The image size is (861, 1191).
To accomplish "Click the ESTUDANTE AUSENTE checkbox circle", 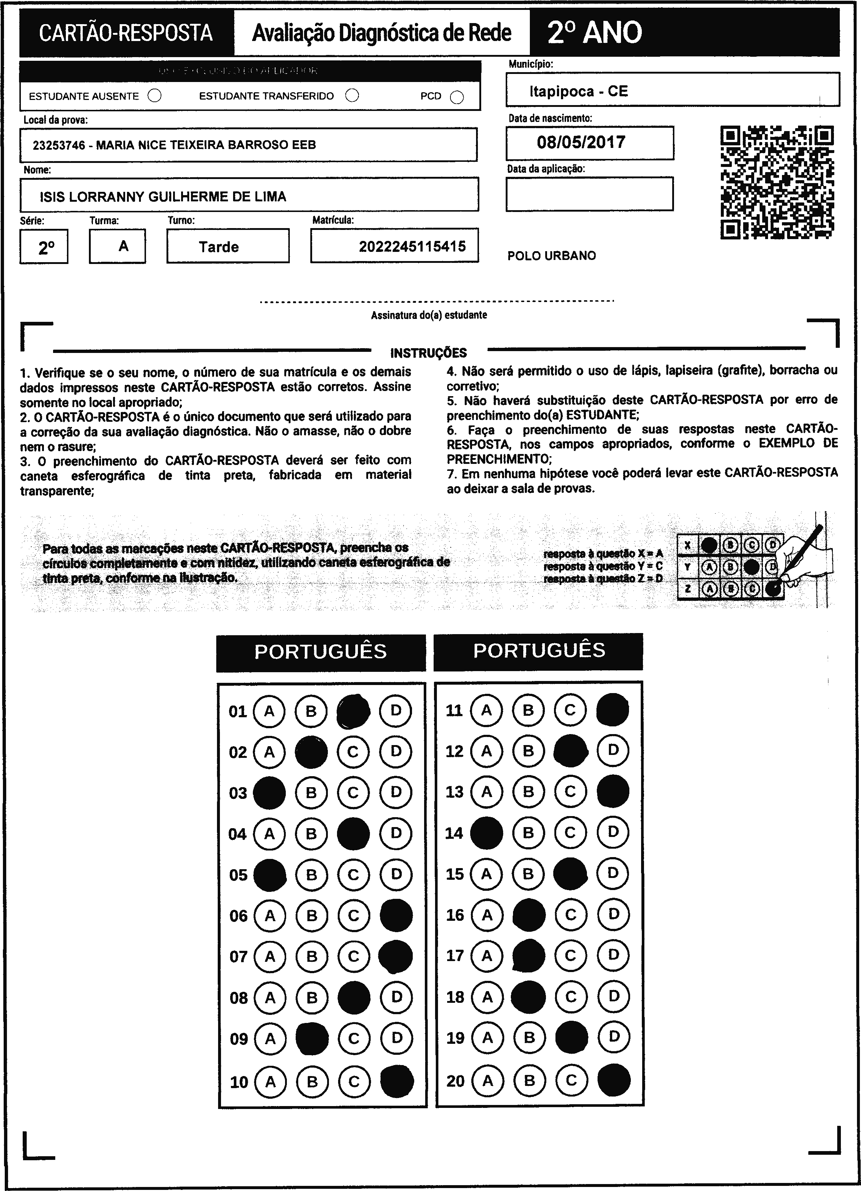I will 155,96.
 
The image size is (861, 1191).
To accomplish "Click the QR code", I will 777,182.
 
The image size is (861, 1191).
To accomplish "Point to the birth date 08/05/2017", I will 581,142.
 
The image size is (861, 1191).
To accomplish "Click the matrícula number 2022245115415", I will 412,246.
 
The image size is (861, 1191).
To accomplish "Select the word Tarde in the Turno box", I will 219,247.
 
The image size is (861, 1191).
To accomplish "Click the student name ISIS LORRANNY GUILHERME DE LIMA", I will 163,197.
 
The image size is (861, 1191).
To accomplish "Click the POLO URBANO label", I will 551,256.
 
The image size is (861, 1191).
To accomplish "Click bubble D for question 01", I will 396,711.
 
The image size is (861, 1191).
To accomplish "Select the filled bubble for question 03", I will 269,792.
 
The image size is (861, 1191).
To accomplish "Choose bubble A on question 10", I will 270,1082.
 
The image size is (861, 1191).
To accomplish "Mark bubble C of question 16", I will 571,915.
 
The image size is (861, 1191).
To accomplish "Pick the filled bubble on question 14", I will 486,833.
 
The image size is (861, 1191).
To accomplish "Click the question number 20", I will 455,1081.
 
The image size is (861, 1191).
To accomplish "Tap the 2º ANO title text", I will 595,33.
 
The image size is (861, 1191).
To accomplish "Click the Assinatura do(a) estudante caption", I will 428,315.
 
